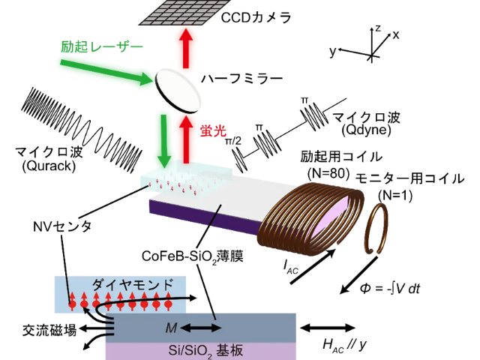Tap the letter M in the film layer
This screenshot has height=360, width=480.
170,328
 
